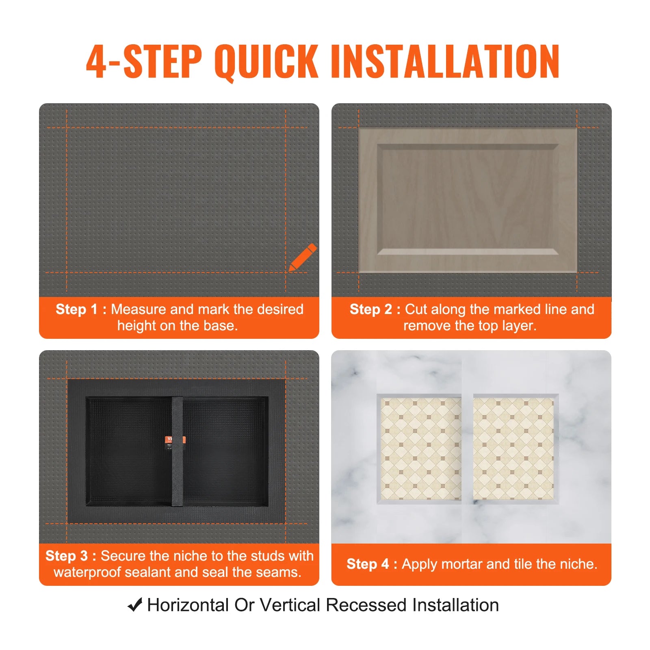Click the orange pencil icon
coord(302,257)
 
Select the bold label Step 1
coord(77,309)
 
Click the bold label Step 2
coord(370,309)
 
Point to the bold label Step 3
coord(66,556)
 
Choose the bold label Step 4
coord(367,564)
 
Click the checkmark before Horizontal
coord(135,605)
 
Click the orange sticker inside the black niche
coord(175,440)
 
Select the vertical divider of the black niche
coord(177,451)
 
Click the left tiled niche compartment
coord(420,449)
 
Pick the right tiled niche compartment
coord(513,449)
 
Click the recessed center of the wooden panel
coord(467,199)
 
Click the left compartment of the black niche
coord(129,451)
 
